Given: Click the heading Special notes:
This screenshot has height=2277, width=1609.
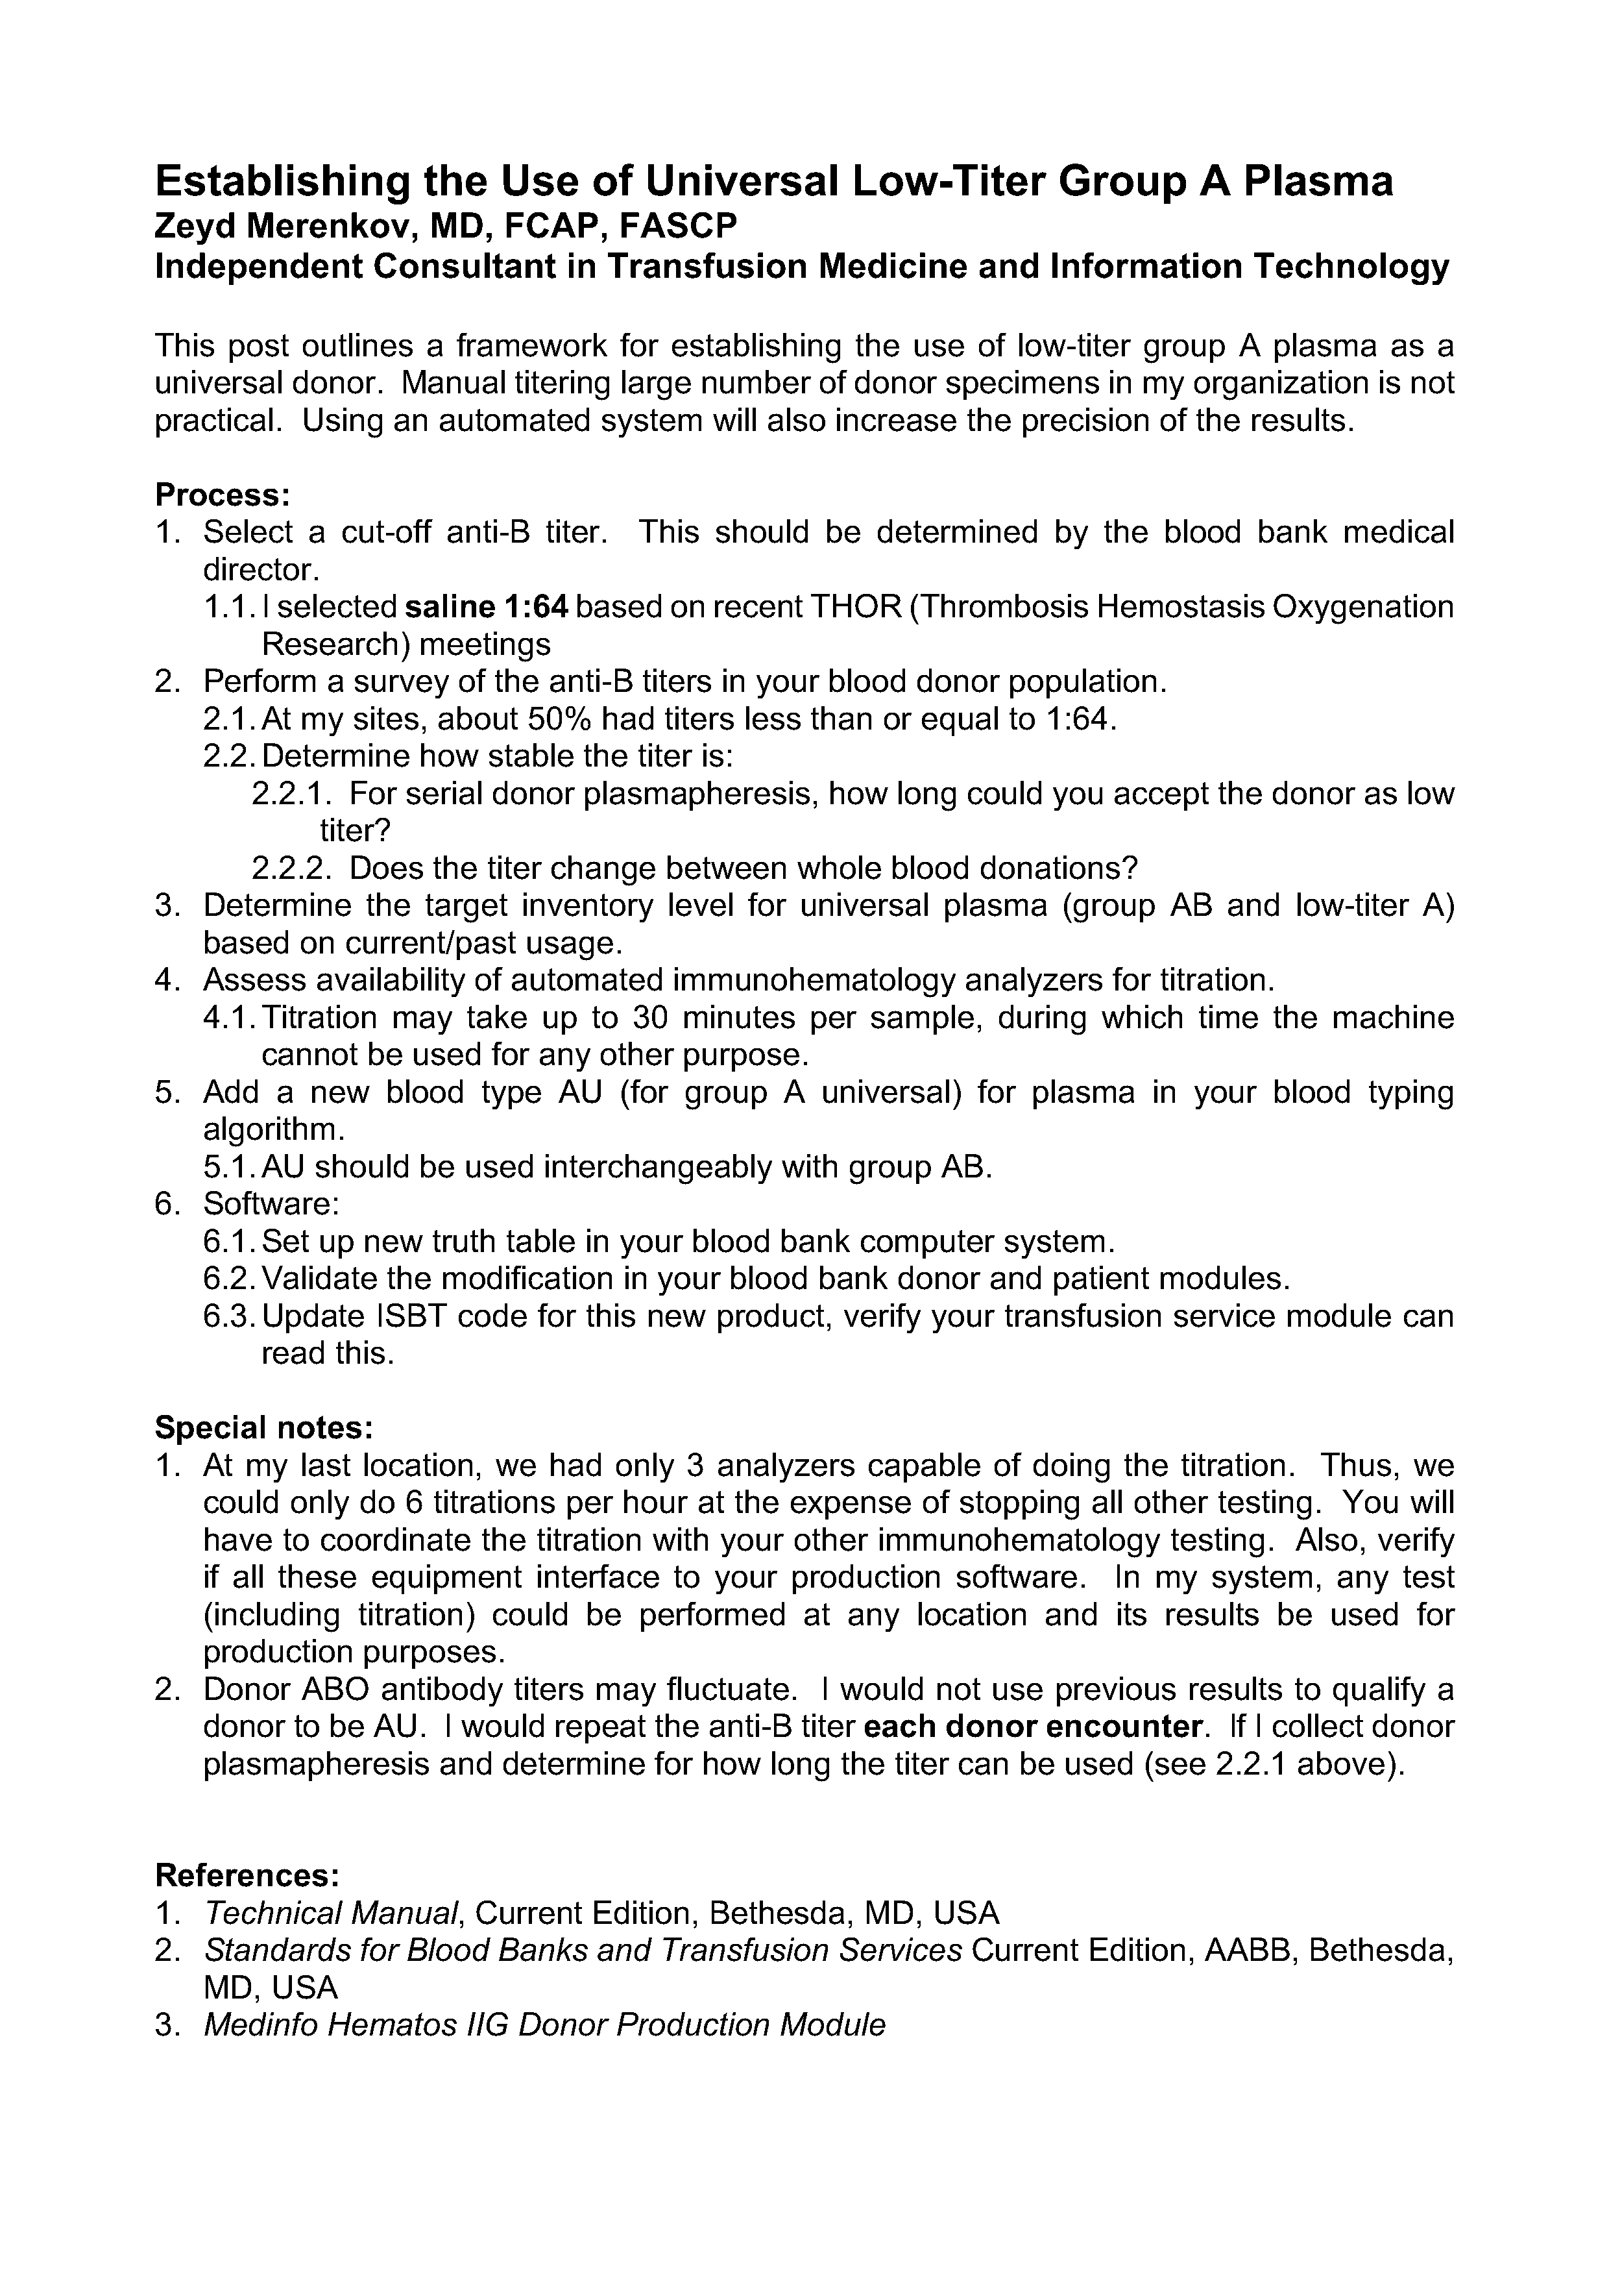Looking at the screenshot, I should pyautogui.click(x=263, y=1427).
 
